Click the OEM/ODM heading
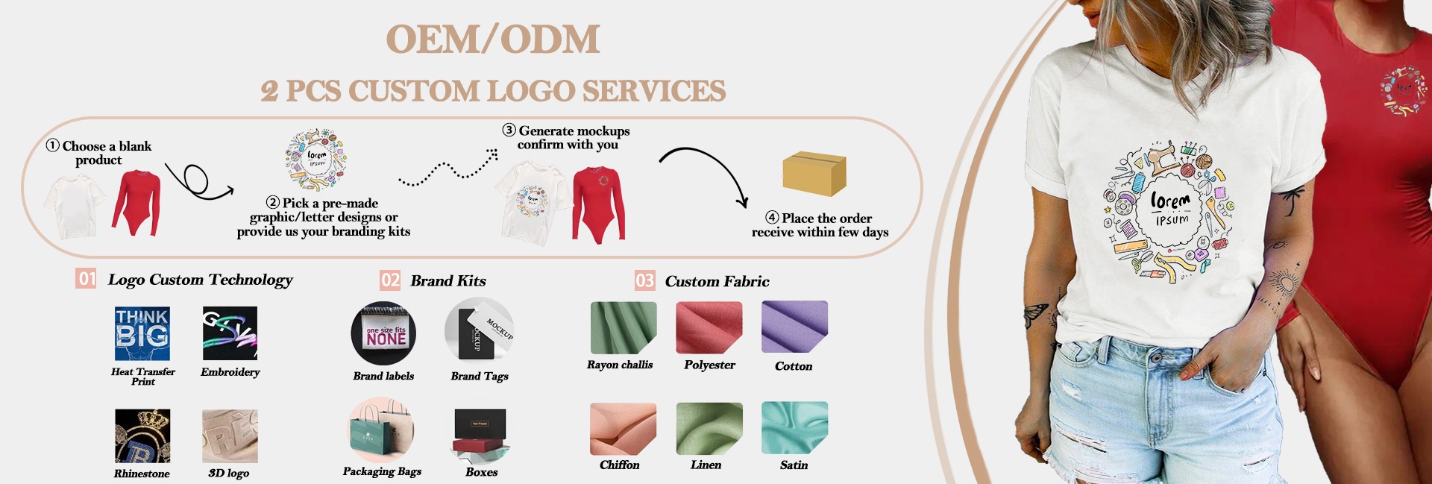click(493, 40)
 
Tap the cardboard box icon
click(814, 173)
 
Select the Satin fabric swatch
click(794, 427)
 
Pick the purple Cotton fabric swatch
click(794, 327)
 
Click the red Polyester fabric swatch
click(709, 327)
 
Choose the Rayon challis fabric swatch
click(623, 327)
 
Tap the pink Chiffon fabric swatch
click(623, 429)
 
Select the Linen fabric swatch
click(709, 428)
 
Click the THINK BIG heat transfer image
click(142, 334)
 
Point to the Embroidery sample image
click(230, 333)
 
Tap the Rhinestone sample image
click(142, 436)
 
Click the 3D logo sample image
click(230, 436)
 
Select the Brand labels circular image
click(383, 333)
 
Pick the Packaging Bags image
click(381, 430)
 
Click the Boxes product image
click(480, 436)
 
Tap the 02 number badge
click(390, 280)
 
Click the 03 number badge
click(644, 280)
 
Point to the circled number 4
click(772, 218)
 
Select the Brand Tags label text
click(480, 376)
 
